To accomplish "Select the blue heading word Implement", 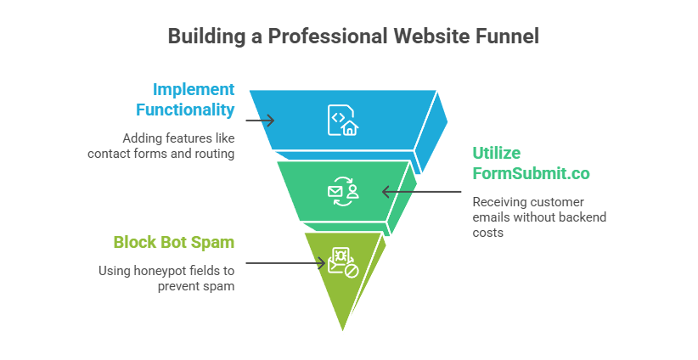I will pos(194,88).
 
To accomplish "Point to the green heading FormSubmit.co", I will pos(531,172).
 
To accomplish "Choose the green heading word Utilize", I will pos(497,153).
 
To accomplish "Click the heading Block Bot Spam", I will pos(174,242).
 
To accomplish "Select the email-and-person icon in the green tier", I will pos(343,192).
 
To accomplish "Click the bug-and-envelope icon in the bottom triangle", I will pos(343,262).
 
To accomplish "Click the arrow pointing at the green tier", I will pos(421,192).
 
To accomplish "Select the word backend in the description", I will pos(585,217).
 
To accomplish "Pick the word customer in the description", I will pos(557,201).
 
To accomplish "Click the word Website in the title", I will pos(421,37).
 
